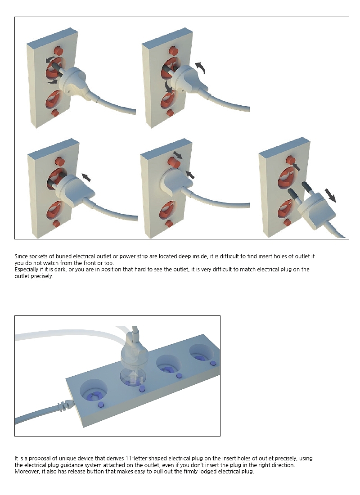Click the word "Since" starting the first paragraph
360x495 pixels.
click(x=21, y=256)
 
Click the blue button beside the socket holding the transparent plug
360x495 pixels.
click(x=142, y=388)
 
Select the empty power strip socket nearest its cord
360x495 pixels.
click(x=94, y=390)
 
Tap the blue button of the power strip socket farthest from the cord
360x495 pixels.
click(x=213, y=363)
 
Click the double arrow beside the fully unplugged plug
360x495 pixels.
click(x=330, y=195)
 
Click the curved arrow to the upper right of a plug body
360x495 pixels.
click(x=200, y=67)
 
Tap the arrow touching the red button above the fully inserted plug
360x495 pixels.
click(x=177, y=155)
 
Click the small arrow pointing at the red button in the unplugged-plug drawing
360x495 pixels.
click(x=296, y=166)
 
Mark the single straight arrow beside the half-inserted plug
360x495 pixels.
click(x=86, y=177)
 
